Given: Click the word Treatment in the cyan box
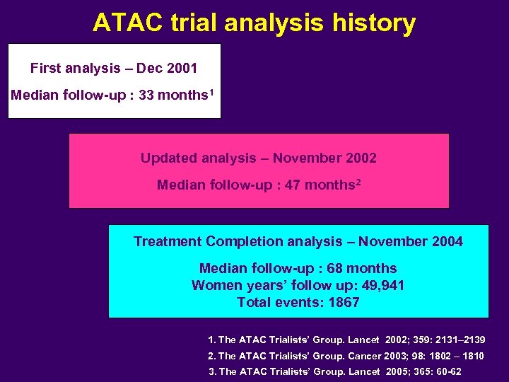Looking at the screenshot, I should coord(168,241).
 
